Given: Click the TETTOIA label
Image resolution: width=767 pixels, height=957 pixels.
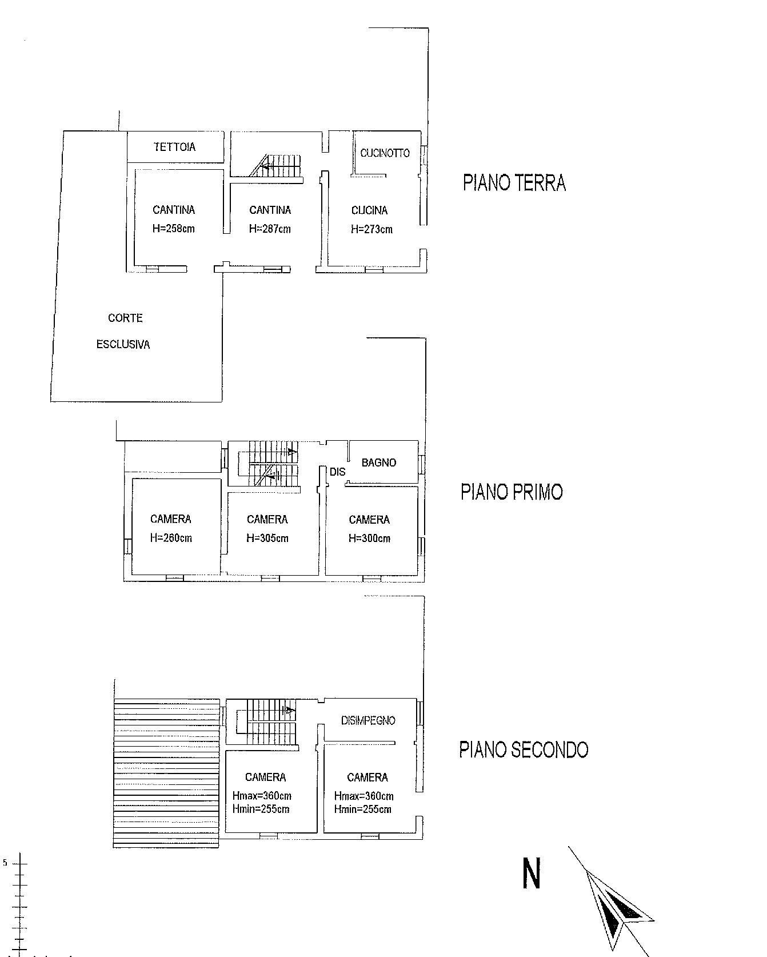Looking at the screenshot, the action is click(x=174, y=147).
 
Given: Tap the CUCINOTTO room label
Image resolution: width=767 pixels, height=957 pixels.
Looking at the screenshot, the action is click(x=385, y=153).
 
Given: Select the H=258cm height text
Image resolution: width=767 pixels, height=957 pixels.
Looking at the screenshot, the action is click(x=174, y=229).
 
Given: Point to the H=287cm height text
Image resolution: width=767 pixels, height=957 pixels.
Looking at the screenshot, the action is click(x=270, y=229).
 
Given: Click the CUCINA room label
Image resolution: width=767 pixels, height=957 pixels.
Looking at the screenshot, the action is click(x=369, y=210).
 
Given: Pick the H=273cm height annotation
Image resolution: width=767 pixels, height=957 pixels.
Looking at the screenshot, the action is click(x=371, y=229).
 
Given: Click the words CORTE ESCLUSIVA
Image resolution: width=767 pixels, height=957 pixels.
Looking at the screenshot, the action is click(x=124, y=331).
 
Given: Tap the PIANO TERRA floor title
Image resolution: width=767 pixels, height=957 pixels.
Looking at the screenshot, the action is click(x=514, y=183).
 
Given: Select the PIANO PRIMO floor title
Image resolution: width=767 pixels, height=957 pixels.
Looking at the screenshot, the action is click(x=512, y=492).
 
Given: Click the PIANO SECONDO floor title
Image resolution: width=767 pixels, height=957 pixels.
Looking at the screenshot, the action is click(x=524, y=749).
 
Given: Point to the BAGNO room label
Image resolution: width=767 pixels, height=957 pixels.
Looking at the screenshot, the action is click(x=379, y=462).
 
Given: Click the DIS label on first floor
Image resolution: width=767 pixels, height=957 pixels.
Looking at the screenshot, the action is click(x=338, y=472).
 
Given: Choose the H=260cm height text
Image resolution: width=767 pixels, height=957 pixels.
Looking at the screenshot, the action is click(x=171, y=538).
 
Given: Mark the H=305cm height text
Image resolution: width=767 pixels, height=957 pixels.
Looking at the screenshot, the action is click(x=267, y=538).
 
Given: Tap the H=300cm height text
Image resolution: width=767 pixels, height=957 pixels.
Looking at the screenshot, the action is click(x=369, y=538).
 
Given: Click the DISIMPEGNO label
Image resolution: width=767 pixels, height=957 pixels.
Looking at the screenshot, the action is click(x=368, y=721).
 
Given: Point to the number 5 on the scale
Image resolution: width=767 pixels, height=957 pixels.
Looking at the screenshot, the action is click(x=5, y=863).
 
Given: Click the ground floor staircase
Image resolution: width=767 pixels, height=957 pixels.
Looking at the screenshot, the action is click(x=275, y=165).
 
